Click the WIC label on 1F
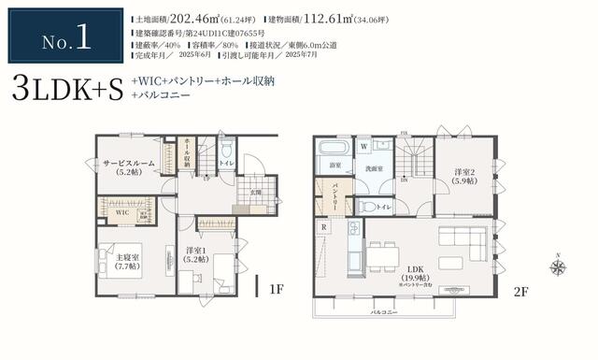(121, 213)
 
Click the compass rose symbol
(558, 267)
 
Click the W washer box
(363, 146)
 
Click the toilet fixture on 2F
(367, 207)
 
